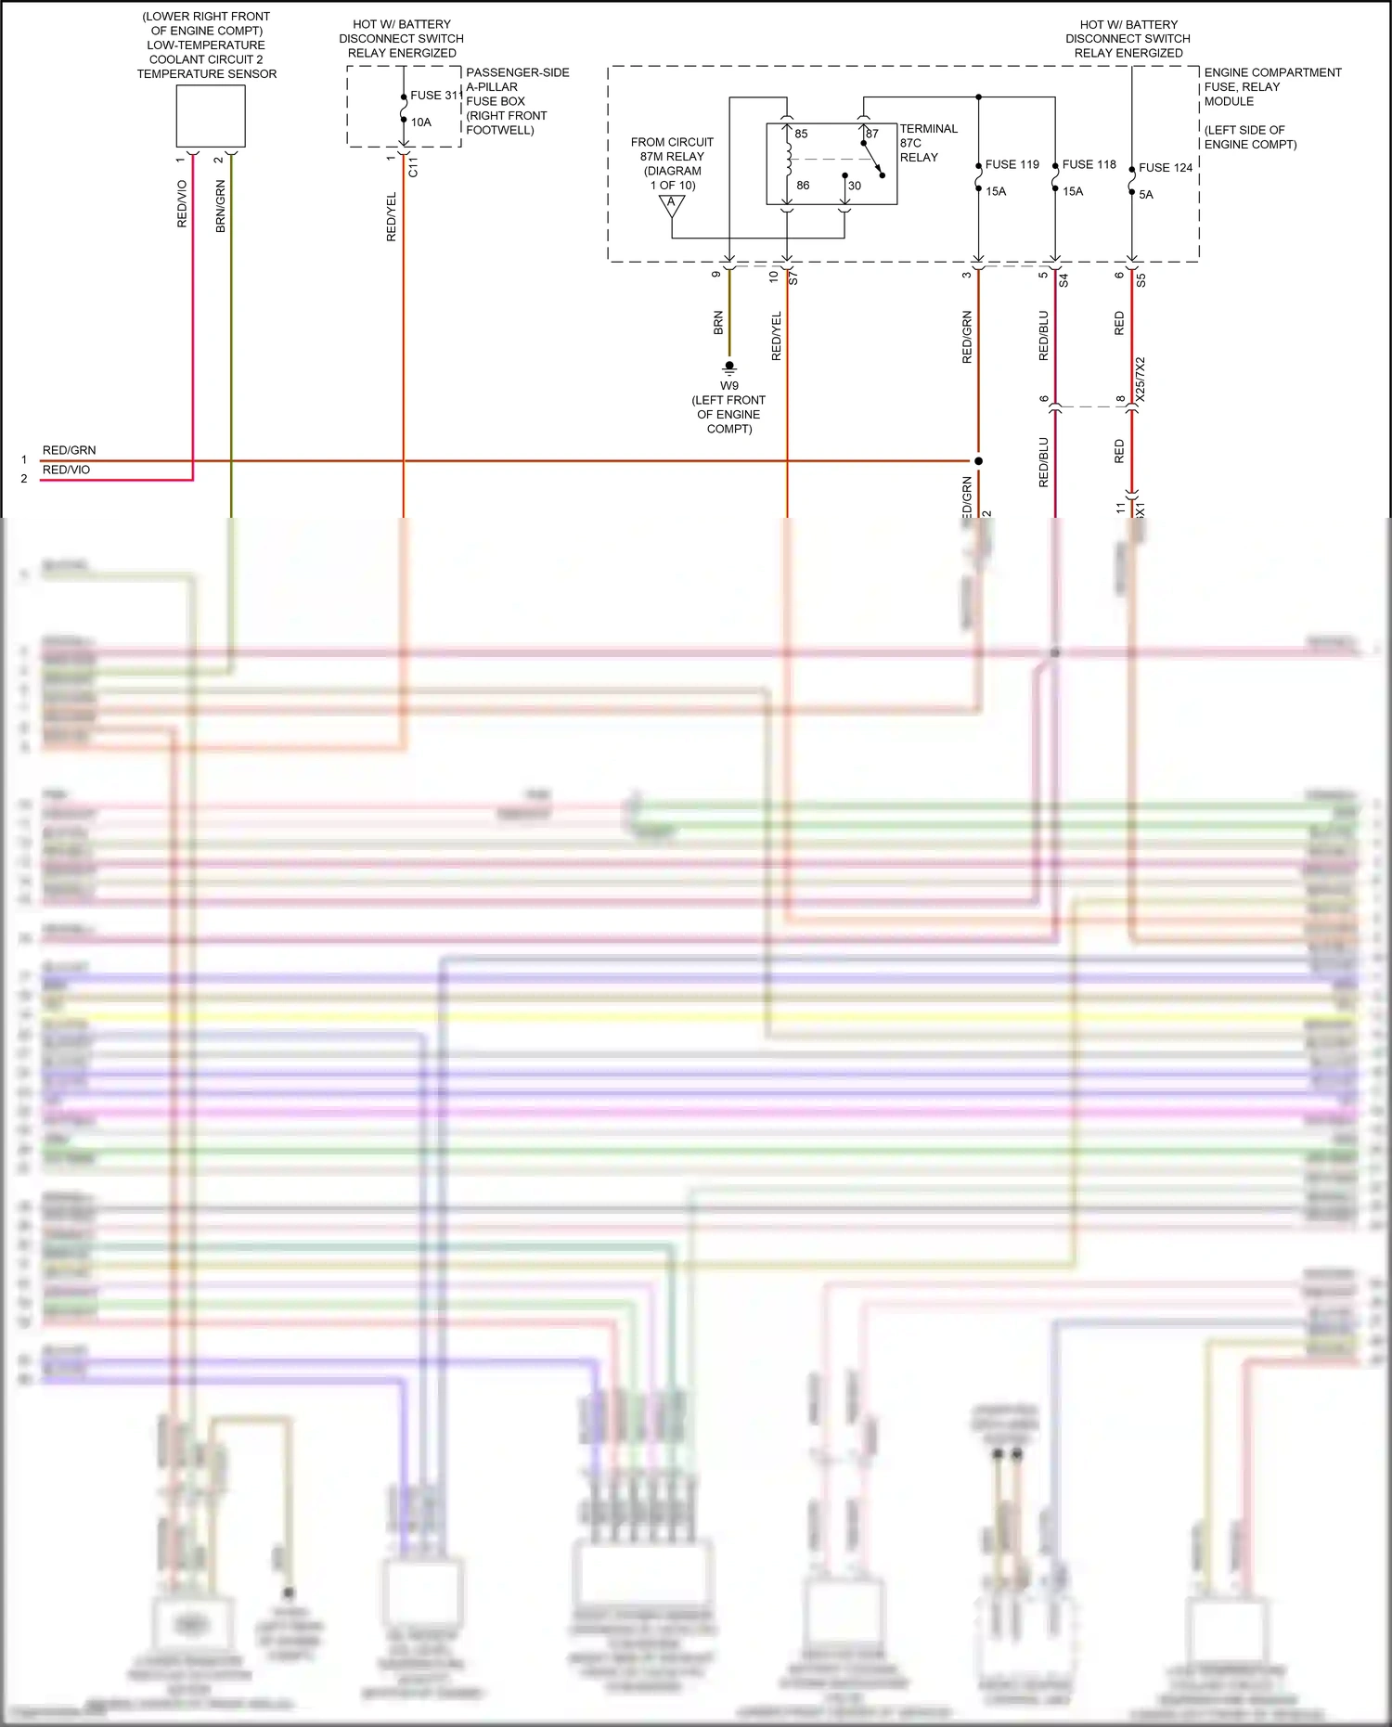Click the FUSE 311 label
[435, 96]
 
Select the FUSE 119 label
[1012, 164]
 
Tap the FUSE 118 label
[1089, 164]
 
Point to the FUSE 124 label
[1166, 168]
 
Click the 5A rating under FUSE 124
[1146, 195]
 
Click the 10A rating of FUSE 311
[421, 122]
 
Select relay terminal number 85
[801, 134]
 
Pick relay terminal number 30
[855, 186]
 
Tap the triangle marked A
[672, 205]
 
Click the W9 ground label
[729, 386]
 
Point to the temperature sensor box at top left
[211, 116]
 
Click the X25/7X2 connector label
[1141, 379]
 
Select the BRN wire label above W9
[718, 323]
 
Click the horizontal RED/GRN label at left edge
[69, 450]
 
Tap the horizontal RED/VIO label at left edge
[66, 470]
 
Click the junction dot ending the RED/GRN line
[978, 461]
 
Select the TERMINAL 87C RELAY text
[927, 143]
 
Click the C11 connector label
[413, 167]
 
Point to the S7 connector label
[793, 277]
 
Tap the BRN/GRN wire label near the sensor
[221, 206]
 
